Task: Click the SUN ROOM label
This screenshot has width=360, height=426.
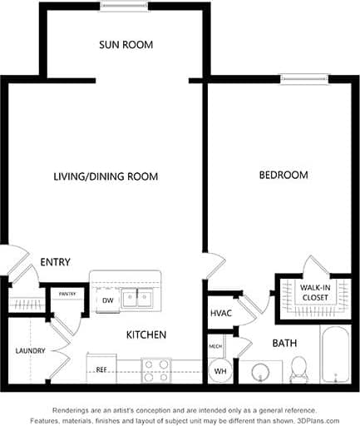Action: click(x=126, y=44)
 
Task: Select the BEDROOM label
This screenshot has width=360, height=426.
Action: click(x=283, y=175)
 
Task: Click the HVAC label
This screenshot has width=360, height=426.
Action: click(x=220, y=313)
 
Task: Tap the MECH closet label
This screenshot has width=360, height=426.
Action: click(x=215, y=345)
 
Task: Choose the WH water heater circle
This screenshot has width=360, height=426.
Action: click(x=219, y=370)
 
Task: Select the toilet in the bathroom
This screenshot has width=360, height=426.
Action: click(x=298, y=369)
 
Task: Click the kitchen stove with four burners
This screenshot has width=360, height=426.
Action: click(x=155, y=370)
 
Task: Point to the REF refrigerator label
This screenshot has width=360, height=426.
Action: click(x=101, y=369)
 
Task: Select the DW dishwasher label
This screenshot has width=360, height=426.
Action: click(x=108, y=300)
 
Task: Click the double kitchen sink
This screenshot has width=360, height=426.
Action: click(x=136, y=298)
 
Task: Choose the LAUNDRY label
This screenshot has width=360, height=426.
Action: click(x=30, y=350)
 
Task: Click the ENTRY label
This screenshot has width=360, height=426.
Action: click(x=55, y=262)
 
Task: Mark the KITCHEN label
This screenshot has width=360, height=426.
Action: click(x=146, y=334)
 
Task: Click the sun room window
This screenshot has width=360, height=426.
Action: click(x=123, y=7)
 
